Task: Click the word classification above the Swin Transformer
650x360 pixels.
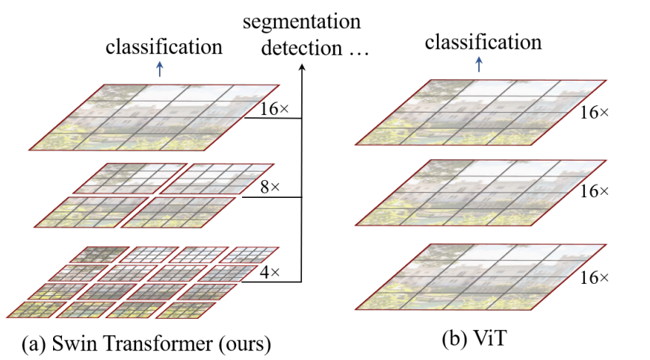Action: (x=164, y=47)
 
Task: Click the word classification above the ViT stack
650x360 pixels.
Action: (x=483, y=42)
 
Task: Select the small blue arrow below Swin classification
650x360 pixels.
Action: (x=158, y=69)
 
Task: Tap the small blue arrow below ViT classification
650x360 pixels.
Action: (x=479, y=64)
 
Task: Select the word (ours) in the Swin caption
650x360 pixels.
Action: (x=243, y=344)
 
